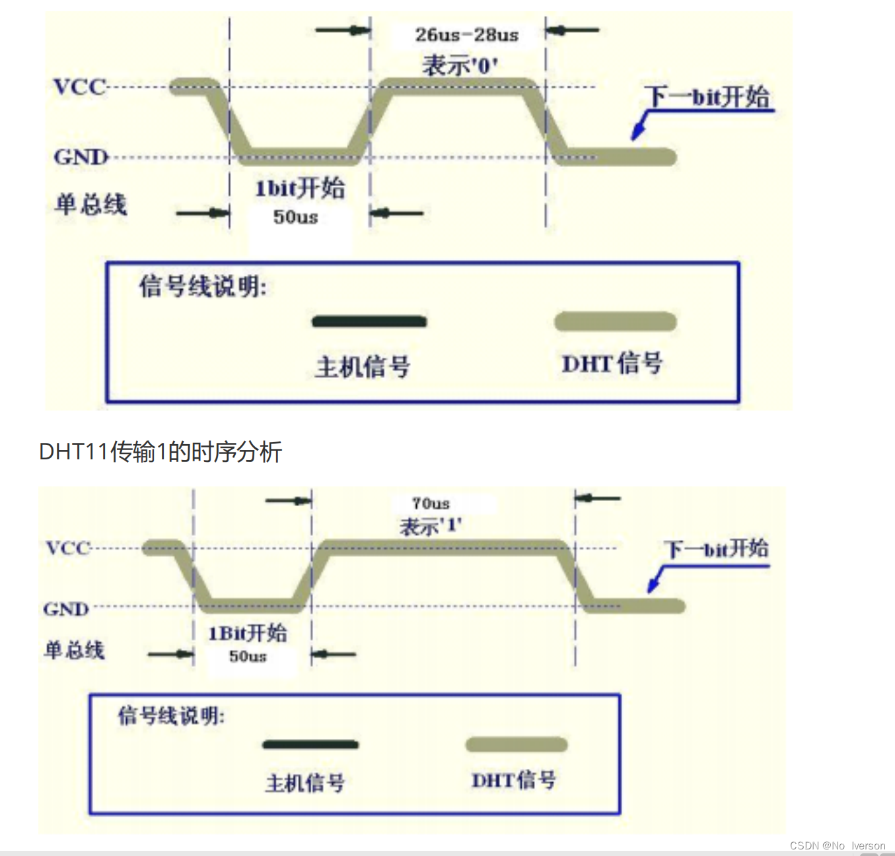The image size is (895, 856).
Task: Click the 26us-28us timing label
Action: click(x=466, y=35)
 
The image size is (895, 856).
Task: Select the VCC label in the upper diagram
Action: click(x=80, y=87)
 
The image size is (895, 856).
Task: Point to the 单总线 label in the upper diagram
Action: click(x=90, y=204)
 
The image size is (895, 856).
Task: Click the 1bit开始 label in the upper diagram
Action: click(x=300, y=189)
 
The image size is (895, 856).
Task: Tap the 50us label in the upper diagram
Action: click(x=295, y=217)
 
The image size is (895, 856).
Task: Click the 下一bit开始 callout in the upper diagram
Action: click(x=707, y=97)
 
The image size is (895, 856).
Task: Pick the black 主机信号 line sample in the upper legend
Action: click(x=369, y=322)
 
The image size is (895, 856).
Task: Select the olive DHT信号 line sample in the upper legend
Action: click(x=615, y=322)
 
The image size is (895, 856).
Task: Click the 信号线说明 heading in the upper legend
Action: click(x=203, y=287)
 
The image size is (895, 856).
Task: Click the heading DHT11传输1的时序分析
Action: click(x=161, y=452)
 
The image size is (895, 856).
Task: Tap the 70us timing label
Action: click(x=431, y=504)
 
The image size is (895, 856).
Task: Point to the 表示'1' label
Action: click(x=430, y=526)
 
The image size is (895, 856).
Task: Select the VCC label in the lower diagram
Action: click(x=67, y=548)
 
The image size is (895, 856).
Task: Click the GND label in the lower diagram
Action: click(x=66, y=609)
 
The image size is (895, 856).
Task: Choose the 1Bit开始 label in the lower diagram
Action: click(x=248, y=634)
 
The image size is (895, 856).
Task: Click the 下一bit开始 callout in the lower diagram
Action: click(x=716, y=548)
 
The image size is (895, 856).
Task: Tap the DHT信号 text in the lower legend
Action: click(x=513, y=780)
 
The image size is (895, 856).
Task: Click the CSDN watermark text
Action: click(x=837, y=845)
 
